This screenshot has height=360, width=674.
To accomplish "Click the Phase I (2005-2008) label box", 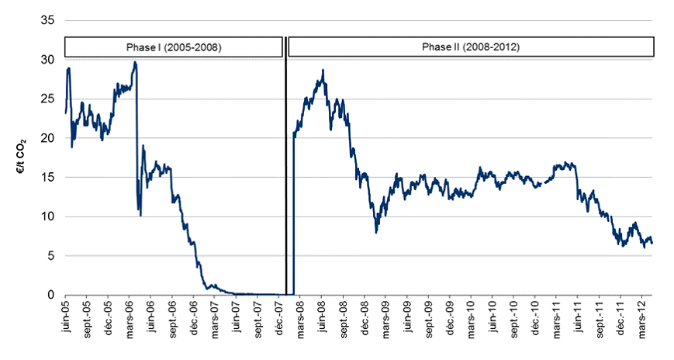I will (x=173, y=47).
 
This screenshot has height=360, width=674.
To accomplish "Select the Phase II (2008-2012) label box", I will (x=470, y=47).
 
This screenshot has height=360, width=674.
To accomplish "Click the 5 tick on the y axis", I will (x=51, y=256).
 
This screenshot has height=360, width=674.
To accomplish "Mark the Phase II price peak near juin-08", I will (x=323, y=71).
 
